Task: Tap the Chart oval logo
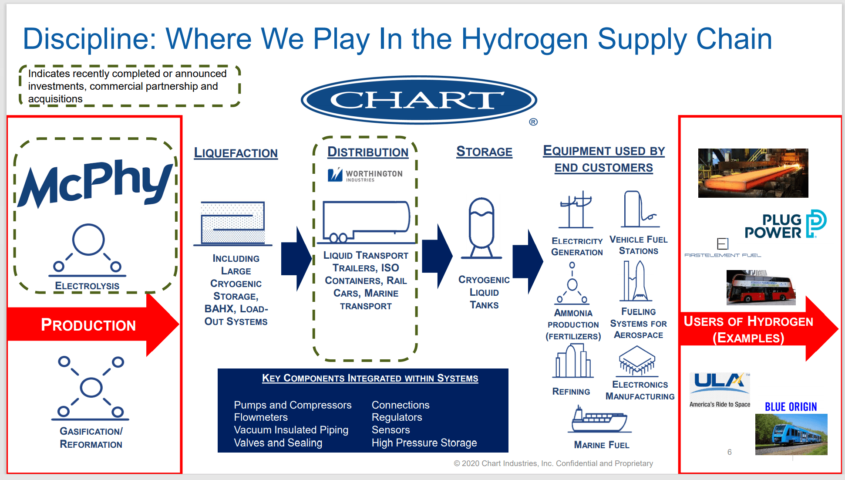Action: click(419, 100)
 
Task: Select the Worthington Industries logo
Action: click(365, 175)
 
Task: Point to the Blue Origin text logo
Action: click(791, 407)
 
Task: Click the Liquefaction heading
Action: click(236, 153)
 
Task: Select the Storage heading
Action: click(484, 152)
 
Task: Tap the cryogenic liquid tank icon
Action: click(481, 228)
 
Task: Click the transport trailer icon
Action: click(367, 222)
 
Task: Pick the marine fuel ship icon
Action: click(599, 419)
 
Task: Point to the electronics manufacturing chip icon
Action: click(637, 361)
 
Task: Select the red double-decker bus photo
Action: click(761, 287)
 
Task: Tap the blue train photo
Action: click(791, 434)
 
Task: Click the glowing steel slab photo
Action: click(753, 173)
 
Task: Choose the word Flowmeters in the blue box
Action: click(261, 417)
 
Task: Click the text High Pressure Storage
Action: click(424, 443)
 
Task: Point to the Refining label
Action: click(571, 392)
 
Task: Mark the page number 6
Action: click(730, 452)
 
